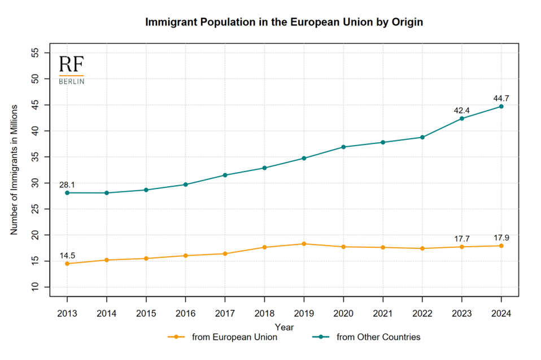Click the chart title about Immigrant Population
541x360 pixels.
point(284,23)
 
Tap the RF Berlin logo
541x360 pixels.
point(72,69)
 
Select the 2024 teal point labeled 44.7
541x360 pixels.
point(501,107)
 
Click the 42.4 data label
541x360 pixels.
point(462,110)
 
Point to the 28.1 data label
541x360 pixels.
point(67,185)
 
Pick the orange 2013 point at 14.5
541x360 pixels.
point(67,264)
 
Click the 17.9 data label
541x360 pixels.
point(501,238)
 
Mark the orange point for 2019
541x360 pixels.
point(304,244)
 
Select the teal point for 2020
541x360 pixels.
point(343,147)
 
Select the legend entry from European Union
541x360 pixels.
point(223,337)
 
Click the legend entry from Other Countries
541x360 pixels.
point(369,337)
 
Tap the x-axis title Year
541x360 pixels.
point(284,327)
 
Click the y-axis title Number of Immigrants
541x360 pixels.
point(15,170)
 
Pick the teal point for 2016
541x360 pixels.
point(185,185)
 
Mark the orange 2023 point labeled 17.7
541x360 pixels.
point(462,247)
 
